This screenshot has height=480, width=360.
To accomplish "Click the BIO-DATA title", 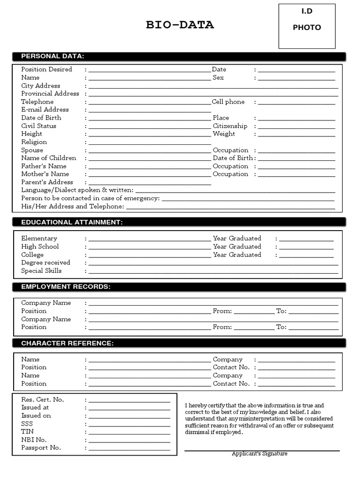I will pyautogui.click(x=180, y=25).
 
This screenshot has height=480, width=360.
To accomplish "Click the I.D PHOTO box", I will pyautogui.click(x=307, y=26).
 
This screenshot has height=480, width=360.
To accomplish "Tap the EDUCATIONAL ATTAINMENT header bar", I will pyautogui.click(x=179, y=222).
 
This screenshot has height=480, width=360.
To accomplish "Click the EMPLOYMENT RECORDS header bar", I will pyautogui.click(x=179, y=287).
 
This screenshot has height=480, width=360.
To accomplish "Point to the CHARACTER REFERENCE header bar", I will pyautogui.click(x=179, y=344).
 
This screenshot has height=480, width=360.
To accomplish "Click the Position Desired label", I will pyautogui.click(x=46, y=69).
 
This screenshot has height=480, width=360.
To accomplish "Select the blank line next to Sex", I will pyautogui.click(x=296, y=79).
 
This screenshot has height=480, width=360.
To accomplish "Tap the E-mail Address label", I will pyautogui.click(x=45, y=110).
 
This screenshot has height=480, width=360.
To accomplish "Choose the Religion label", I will pyautogui.click(x=34, y=142).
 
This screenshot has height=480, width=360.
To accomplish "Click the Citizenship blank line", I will pyautogui.click(x=296, y=127).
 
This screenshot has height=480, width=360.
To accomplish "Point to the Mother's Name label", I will pyautogui.click(x=45, y=174).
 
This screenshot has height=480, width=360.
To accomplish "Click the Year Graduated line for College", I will pyautogui.click(x=306, y=256).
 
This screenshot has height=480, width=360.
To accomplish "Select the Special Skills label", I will pyautogui.click(x=41, y=271).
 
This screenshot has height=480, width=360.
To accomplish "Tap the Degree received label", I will pyautogui.click(x=45, y=263).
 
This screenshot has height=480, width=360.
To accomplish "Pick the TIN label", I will pyautogui.click(x=27, y=432).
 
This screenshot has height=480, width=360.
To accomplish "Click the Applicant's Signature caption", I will pyautogui.click(x=259, y=454).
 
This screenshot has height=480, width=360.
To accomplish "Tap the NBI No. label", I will pyautogui.click(x=34, y=440).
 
